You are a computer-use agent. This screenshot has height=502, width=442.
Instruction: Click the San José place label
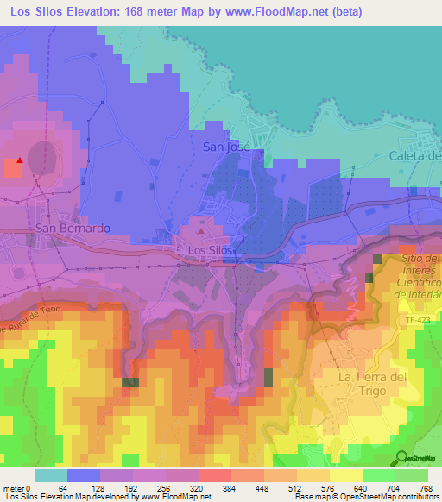226,147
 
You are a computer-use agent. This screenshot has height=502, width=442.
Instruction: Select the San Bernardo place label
73,229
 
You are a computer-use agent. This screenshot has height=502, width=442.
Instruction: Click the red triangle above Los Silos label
202,230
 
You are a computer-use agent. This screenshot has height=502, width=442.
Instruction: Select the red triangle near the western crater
20,160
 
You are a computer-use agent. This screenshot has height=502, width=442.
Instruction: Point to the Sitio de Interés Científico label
420,276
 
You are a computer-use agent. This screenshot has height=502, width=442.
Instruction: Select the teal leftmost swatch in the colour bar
51,475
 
